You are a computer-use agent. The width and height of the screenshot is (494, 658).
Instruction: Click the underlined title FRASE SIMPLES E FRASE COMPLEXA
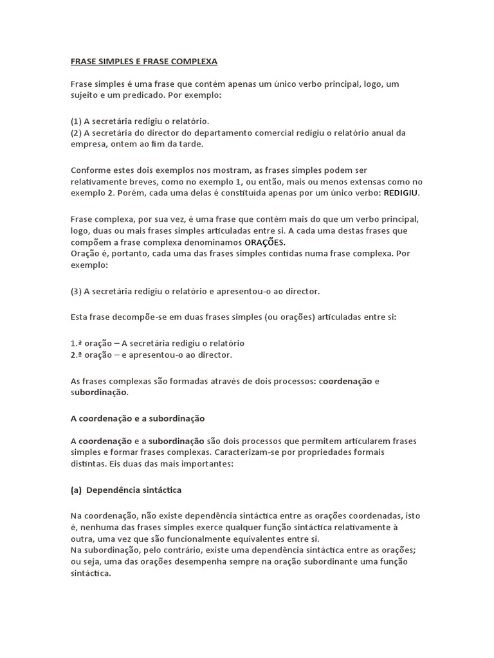pos(143,62)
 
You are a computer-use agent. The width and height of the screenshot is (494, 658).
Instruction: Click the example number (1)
pos(77,121)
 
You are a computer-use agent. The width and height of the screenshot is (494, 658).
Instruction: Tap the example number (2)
pos(77,132)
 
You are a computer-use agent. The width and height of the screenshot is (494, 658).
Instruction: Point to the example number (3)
pos(77,291)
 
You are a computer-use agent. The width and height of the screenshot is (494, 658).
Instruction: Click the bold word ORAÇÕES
pos(264,242)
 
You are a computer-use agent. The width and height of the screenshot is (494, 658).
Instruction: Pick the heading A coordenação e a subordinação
pos(137,418)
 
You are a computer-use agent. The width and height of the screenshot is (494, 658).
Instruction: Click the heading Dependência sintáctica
pos(134,490)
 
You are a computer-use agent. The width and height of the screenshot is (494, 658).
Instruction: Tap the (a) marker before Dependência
pos(76,490)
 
